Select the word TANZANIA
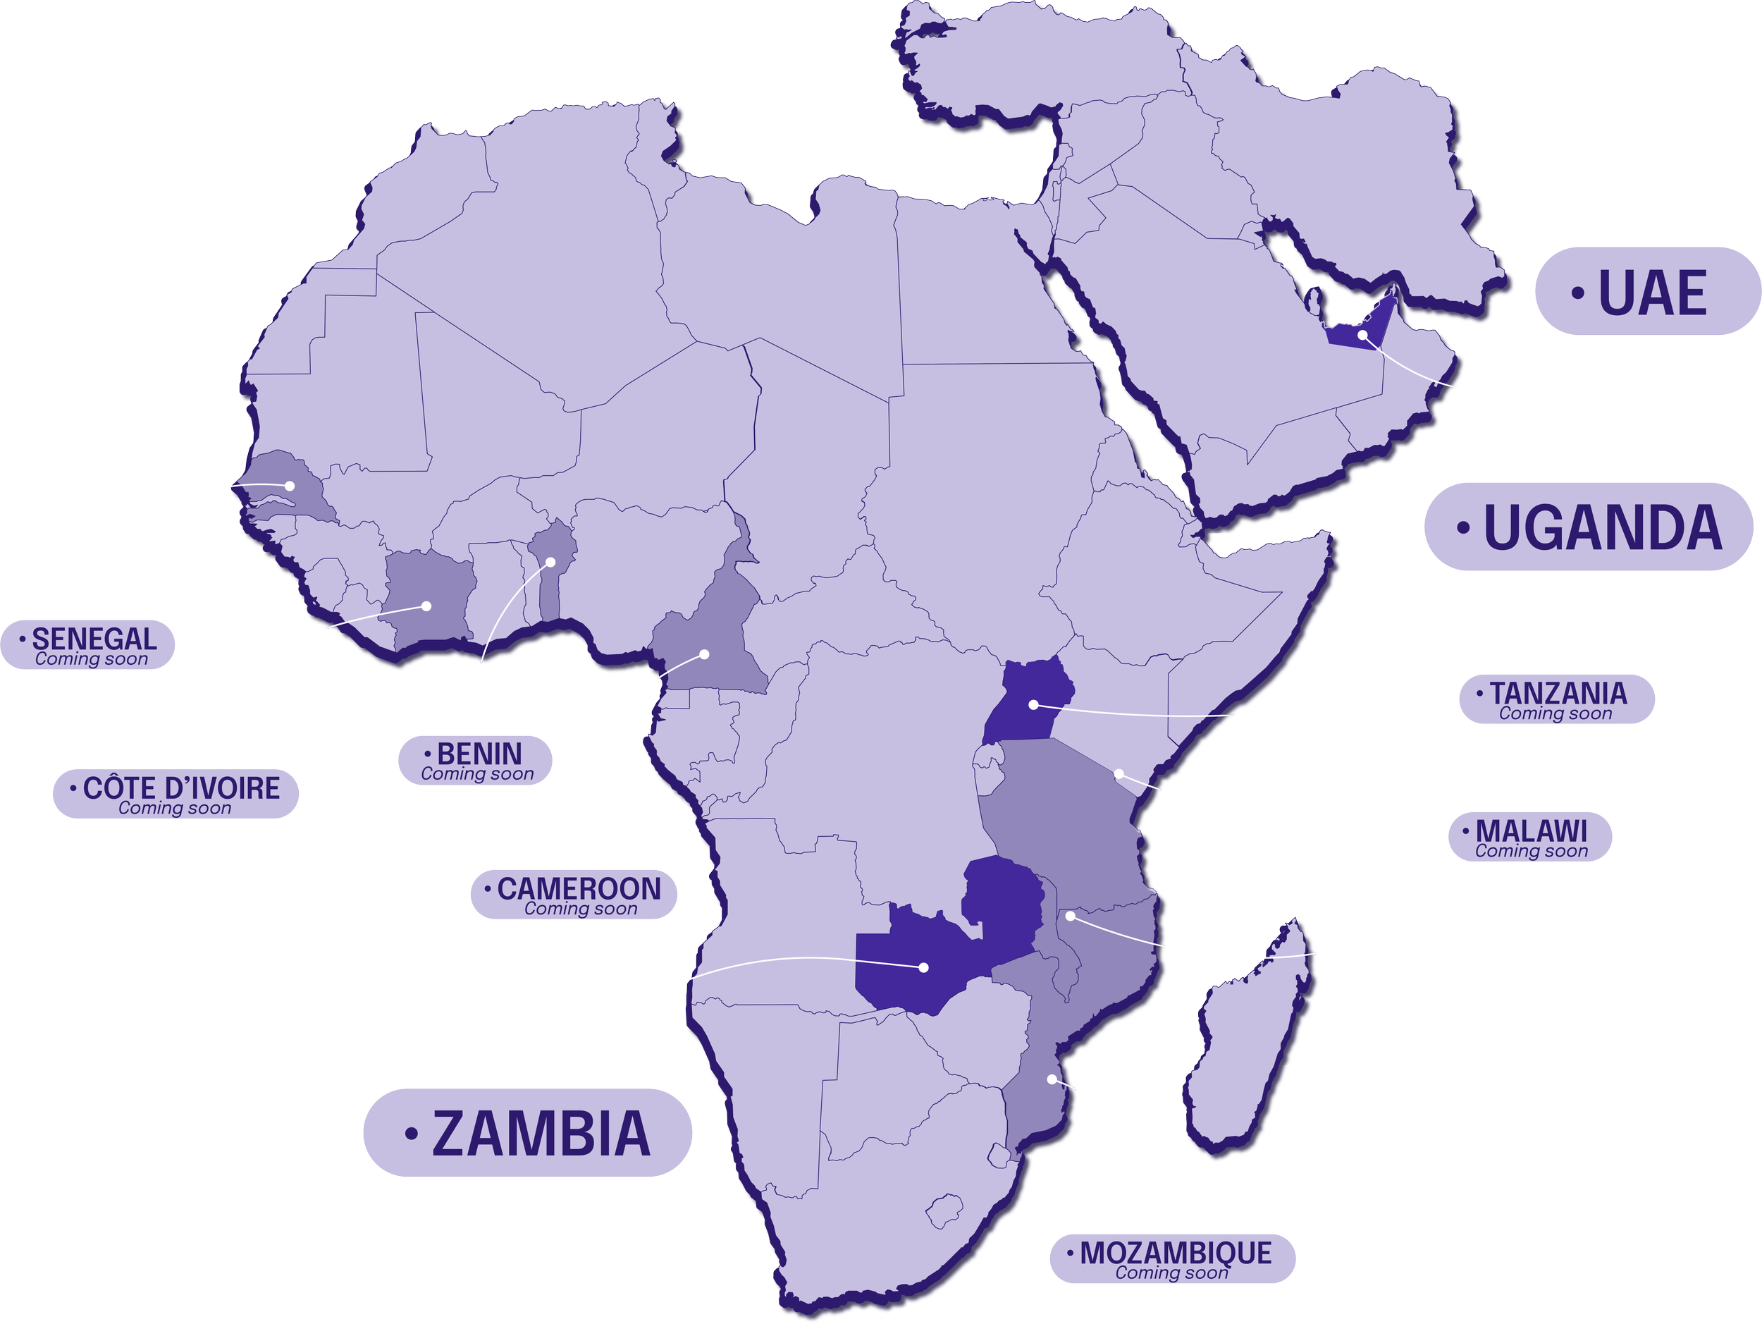tap(1558, 693)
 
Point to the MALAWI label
tap(1530, 831)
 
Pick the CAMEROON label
tap(579, 888)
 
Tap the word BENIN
tap(479, 753)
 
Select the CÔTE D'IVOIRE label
tap(181, 788)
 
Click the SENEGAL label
tap(93, 639)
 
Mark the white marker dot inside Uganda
tap(1033, 705)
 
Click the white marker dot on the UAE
tap(1362, 335)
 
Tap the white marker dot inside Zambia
tap(924, 968)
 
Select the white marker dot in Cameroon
tap(704, 654)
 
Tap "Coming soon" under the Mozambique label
tap(1171, 1273)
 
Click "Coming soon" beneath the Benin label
tap(477, 773)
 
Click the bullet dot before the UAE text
tap(1577, 293)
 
